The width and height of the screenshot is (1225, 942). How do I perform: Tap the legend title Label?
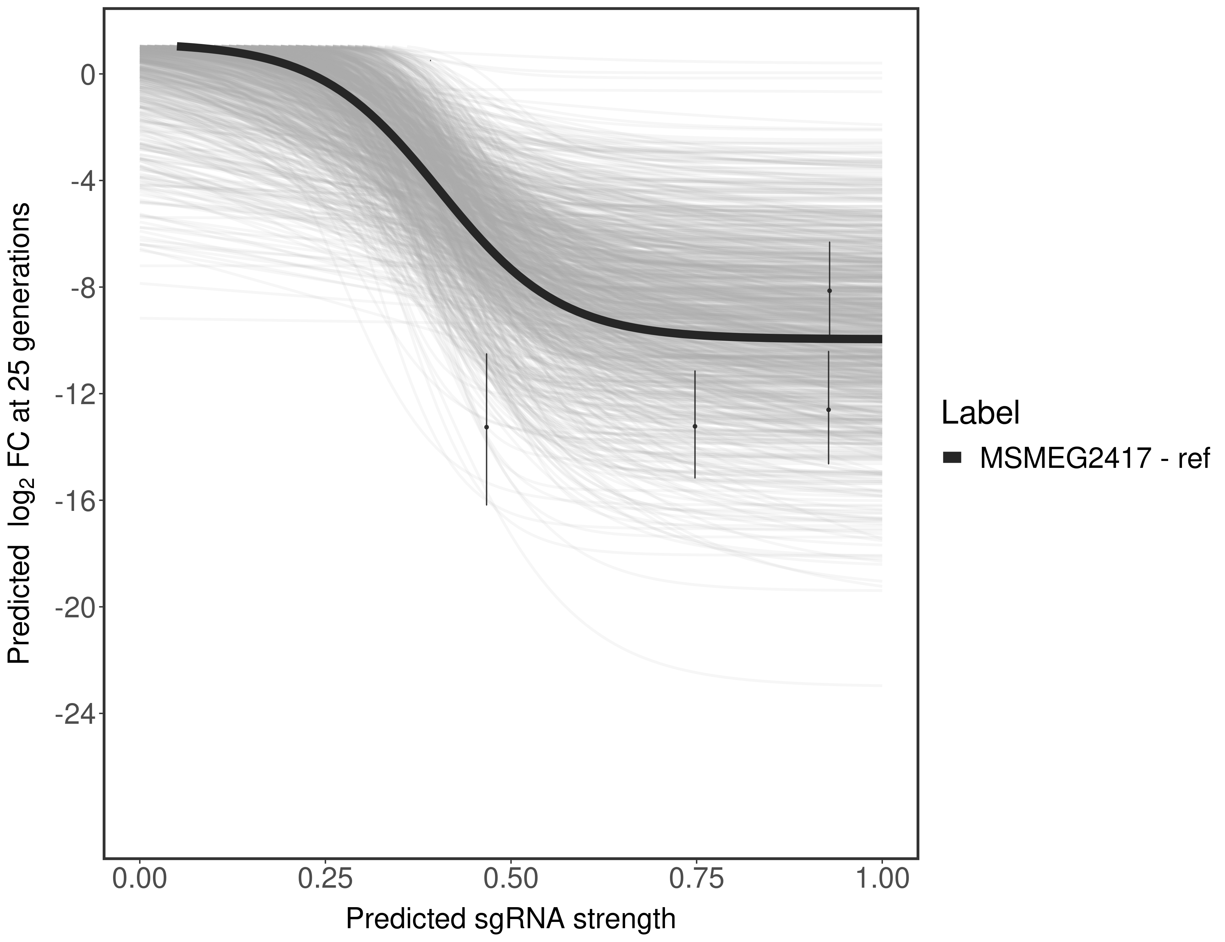click(980, 413)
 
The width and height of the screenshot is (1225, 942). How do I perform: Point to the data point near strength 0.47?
click(486, 427)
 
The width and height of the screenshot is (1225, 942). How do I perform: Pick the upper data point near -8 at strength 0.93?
click(829, 290)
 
